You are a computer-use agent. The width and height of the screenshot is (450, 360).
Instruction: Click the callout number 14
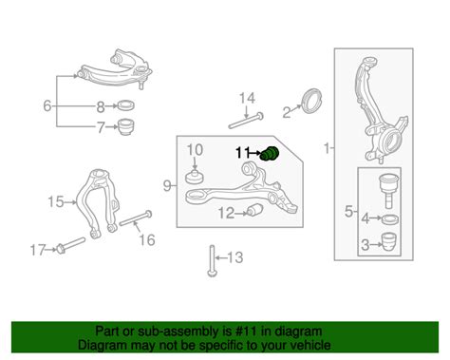pyautogui.click(x=246, y=98)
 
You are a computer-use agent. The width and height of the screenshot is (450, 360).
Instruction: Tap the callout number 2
pyautogui.click(x=286, y=112)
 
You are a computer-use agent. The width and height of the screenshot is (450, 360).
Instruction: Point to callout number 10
pyautogui.click(x=193, y=149)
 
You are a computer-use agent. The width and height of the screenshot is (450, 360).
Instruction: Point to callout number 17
pyautogui.click(x=36, y=251)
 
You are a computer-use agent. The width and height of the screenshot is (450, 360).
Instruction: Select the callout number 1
pyautogui.click(x=328, y=149)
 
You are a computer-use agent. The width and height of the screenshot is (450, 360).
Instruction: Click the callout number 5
pyautogui.click(x=347, y=210)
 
